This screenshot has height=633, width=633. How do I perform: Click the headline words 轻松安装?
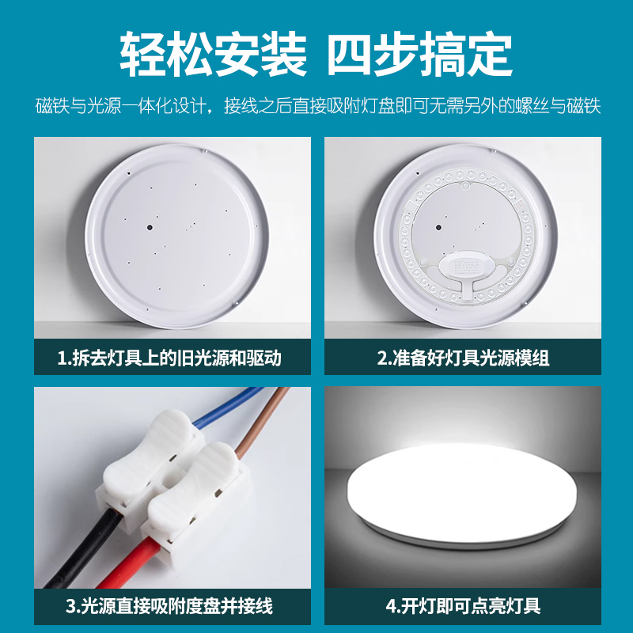pos(213,54)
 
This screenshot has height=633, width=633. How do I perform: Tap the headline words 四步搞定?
pos(419,54)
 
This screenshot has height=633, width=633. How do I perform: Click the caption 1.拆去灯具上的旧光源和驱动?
pos(169,358)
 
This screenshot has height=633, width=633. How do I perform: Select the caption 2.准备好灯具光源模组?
pos(463,358)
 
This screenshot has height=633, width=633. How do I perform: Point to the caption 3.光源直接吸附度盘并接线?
pos(169,606)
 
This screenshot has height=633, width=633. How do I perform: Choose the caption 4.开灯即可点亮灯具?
pos(463,606)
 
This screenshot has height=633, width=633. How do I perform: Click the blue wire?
pos(226,407)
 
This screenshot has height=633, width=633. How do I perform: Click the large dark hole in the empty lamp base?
pos(150,227)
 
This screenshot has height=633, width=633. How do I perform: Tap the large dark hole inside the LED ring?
pos(439,228)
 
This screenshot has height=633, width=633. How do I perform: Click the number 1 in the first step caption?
pos(63,358)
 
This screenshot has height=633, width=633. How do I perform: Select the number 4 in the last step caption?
pos(391,606)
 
